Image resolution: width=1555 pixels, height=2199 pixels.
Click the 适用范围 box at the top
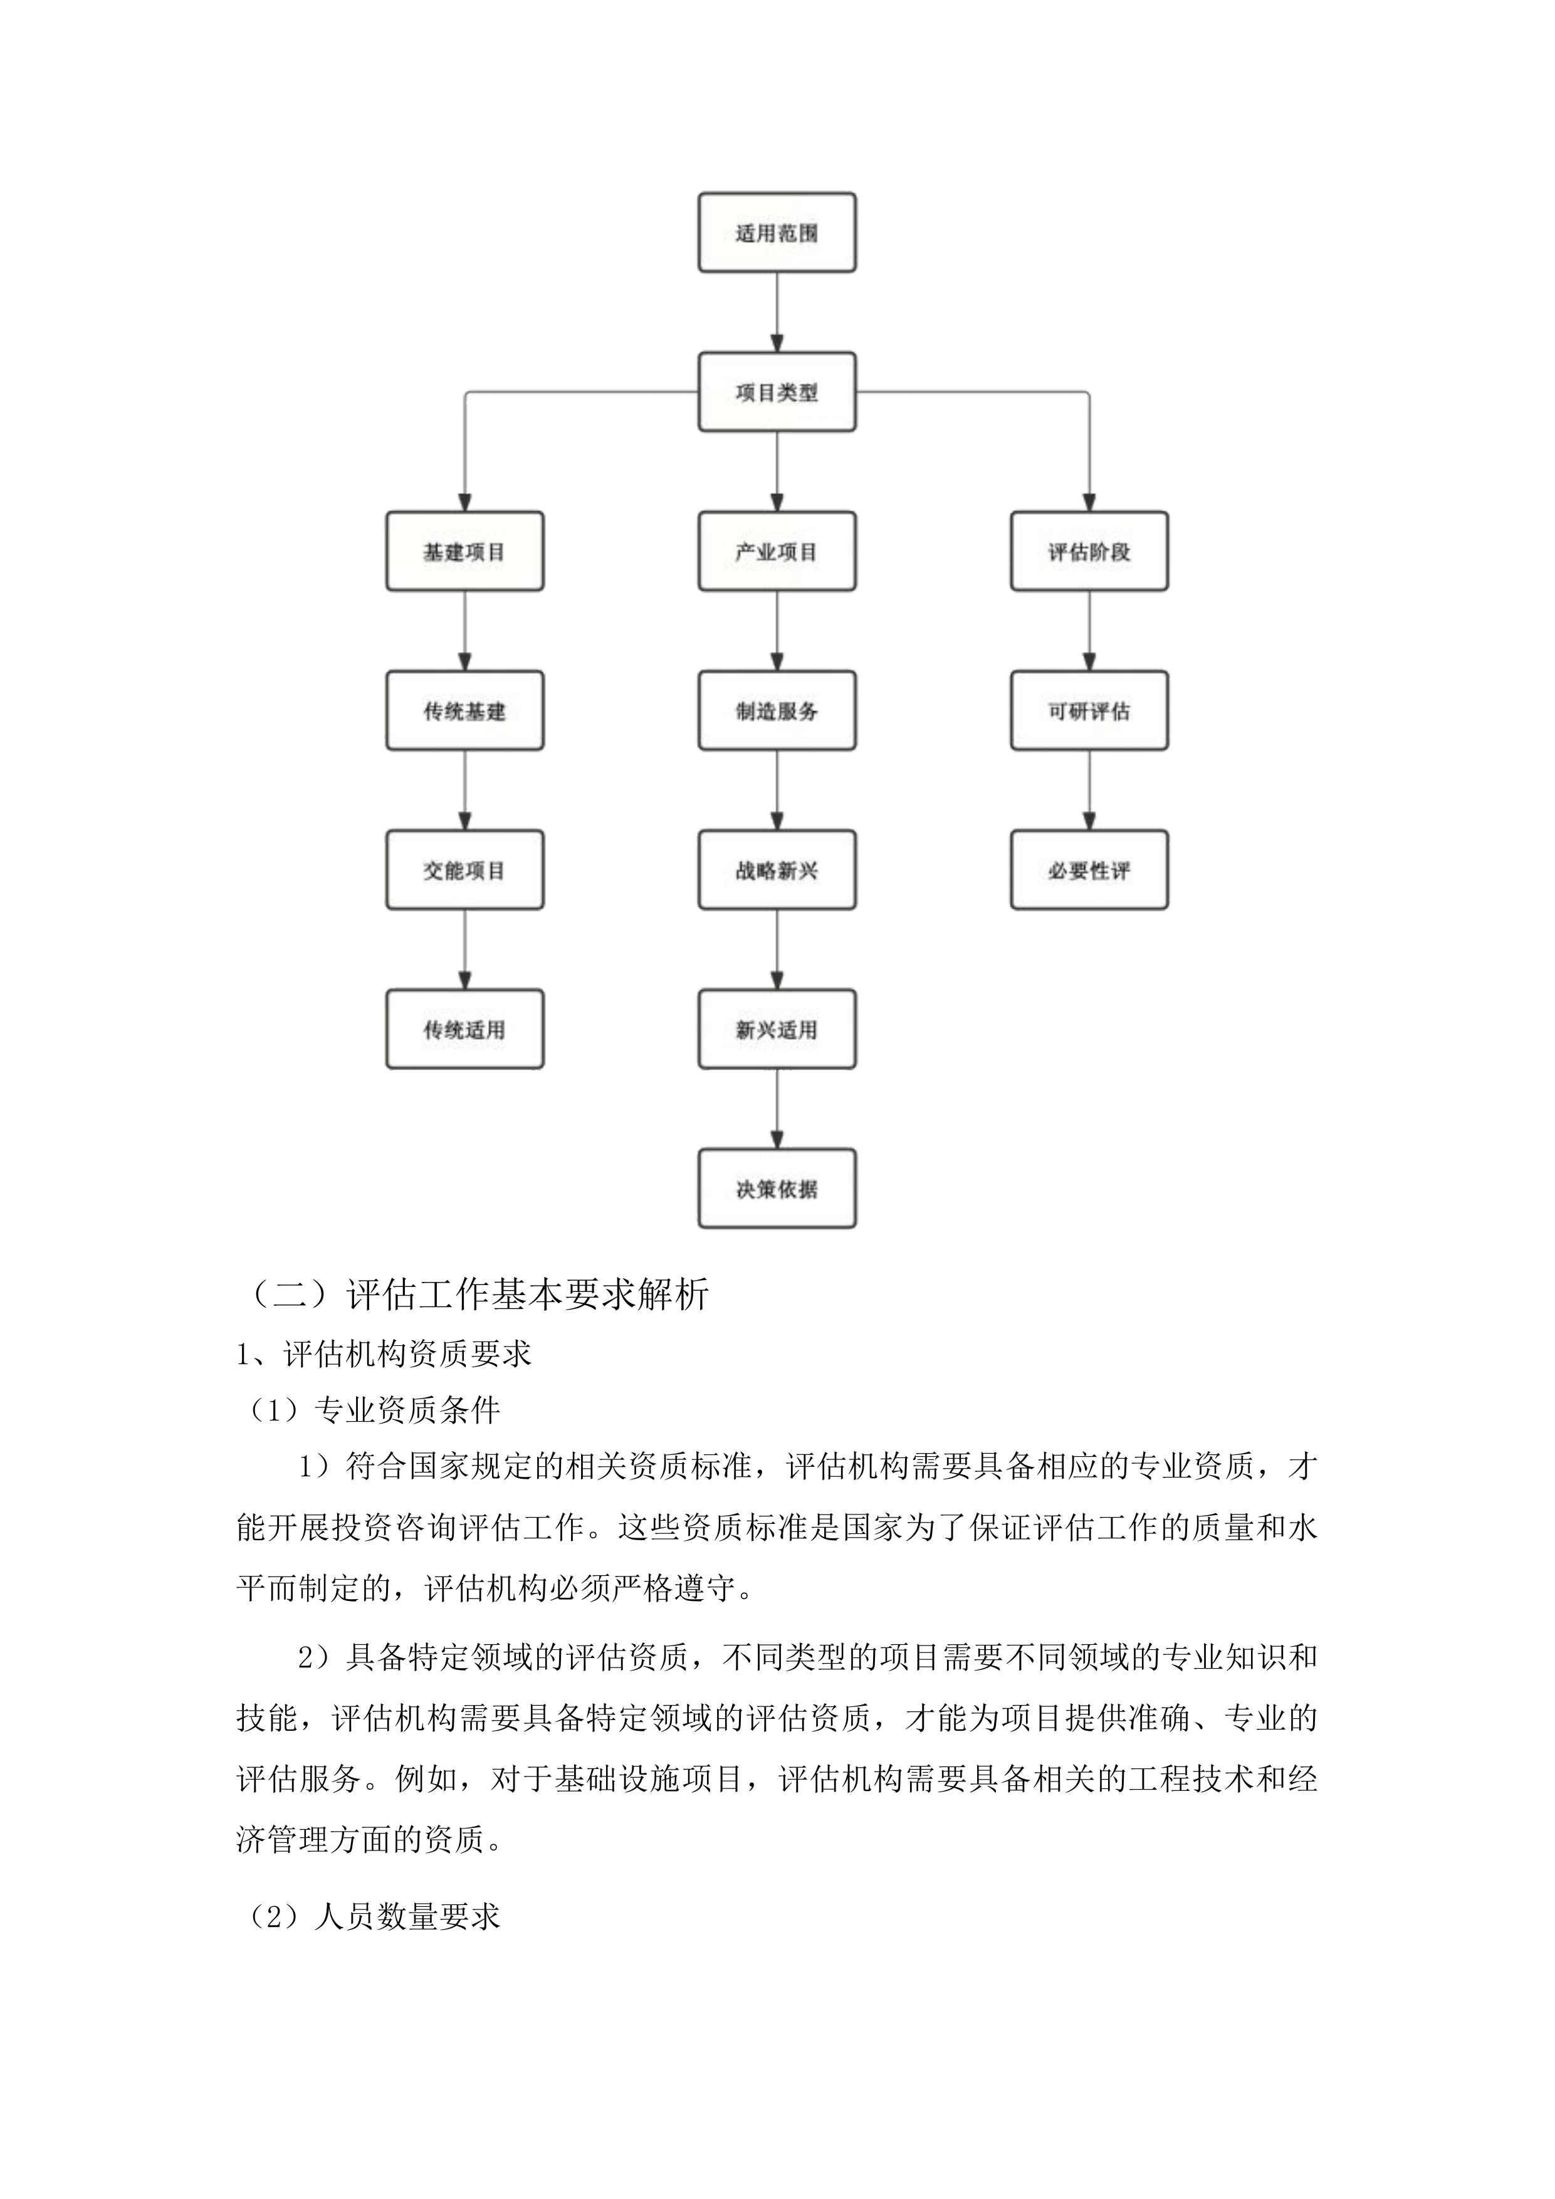777,233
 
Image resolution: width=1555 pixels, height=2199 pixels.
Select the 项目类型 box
777,392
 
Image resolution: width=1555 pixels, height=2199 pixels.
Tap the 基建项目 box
464,552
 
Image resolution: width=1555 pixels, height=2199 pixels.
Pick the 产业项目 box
777,552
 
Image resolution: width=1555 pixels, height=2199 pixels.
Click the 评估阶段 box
1089,552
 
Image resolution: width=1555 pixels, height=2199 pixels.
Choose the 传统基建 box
464,711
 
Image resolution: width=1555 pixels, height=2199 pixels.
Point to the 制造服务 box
777,711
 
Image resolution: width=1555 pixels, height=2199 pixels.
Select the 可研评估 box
1089,711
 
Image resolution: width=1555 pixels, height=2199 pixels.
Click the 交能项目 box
464,869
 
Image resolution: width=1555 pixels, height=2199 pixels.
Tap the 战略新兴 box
777,869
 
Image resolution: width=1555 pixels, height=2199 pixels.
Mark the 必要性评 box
1089,869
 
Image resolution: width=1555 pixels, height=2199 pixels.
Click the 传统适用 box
464,1029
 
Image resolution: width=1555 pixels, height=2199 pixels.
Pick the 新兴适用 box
777,1029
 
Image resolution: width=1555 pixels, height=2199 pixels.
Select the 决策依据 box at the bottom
777,1189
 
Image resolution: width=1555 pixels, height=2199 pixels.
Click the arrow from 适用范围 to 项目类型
777,312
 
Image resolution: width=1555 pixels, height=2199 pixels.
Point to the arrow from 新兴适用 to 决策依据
777,1109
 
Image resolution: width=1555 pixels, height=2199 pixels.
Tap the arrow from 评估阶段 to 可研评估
1089,630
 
